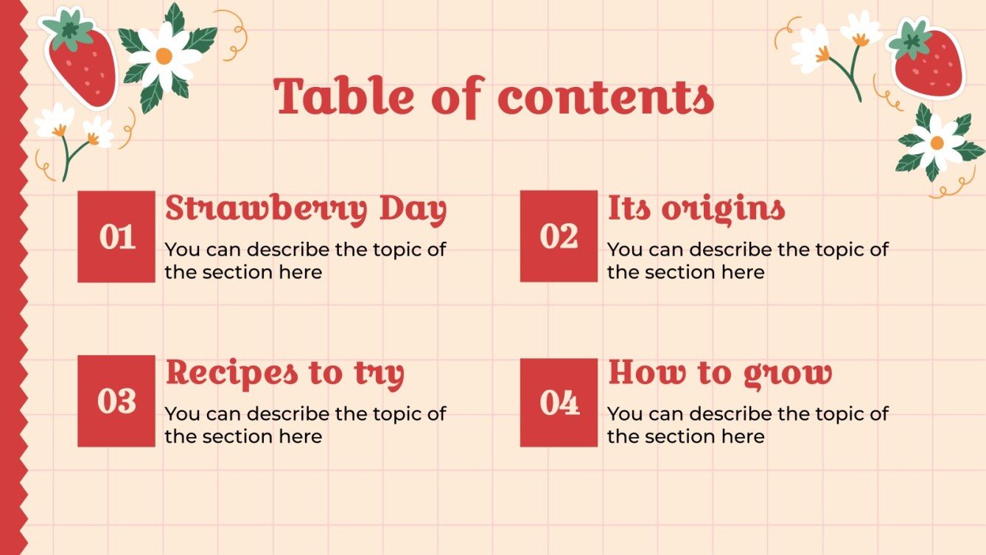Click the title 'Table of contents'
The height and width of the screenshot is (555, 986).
(x=494, y=97)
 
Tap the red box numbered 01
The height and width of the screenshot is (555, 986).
(x=116, y=237)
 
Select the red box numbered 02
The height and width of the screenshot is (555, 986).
(x=559, y=236)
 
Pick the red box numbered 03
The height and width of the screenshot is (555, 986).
(x=116, y=401)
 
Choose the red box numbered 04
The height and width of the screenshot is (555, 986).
(x=559, y=402)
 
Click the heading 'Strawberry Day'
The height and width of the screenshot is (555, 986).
(x=306, y=210)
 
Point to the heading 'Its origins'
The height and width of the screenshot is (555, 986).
(x=696, y=209)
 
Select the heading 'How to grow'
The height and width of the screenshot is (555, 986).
(x=719, y=374)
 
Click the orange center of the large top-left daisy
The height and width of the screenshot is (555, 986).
(x=164, y=56)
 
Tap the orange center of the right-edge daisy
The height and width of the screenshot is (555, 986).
(x=937, y=143)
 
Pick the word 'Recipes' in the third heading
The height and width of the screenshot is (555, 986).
(x=231, y=374)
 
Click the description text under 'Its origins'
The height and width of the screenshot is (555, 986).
(x=747, y=261)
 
